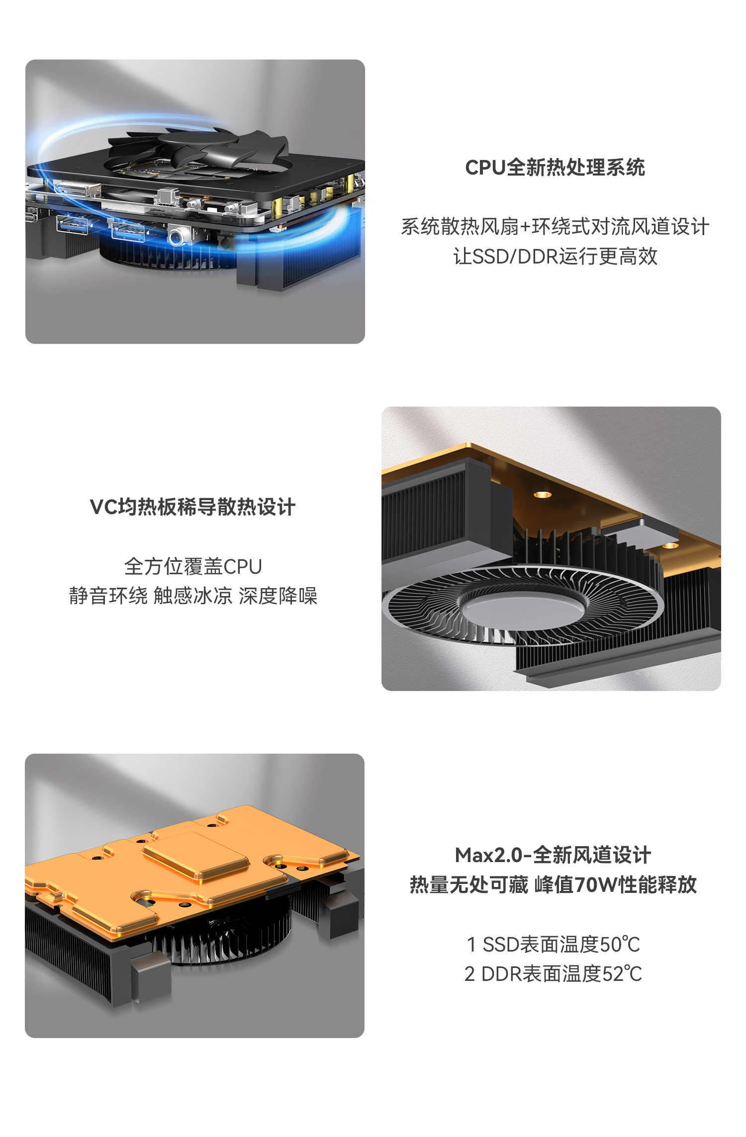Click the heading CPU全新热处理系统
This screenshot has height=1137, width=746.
[x=555, y=168]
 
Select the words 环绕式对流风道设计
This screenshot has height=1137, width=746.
[x=621, y=227]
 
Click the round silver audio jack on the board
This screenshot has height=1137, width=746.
[x=177, y=236]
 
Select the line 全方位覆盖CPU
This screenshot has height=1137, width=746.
[x=193, y=566]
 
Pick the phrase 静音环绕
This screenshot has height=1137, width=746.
[x=108, y=596]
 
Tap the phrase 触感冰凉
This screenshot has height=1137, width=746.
[x=193, y=596]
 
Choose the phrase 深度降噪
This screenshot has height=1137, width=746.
[x=278, y=596]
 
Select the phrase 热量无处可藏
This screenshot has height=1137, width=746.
[x=469, y=885]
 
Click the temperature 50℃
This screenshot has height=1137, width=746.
[x=620, y=945]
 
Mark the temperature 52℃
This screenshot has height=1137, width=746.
[x=622, y=974]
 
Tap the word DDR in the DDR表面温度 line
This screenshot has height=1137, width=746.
[x=502, y=974]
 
